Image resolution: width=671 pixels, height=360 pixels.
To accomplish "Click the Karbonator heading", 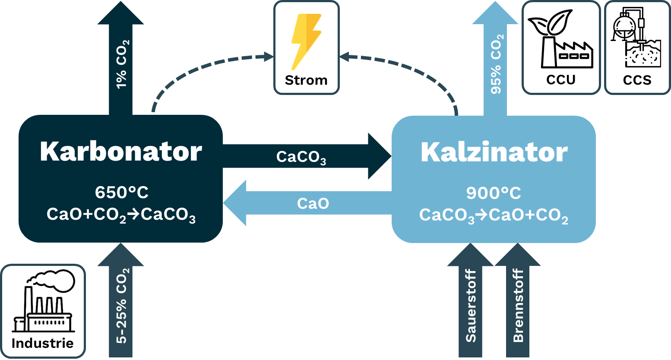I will point(121,152).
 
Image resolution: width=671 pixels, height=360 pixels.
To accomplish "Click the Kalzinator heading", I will point(494,152).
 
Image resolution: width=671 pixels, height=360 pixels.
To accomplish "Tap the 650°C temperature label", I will point(121,193).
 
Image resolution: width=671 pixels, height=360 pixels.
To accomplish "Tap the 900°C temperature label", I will point(494,193).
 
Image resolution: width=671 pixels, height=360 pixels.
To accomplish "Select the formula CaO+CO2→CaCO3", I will point(121,215).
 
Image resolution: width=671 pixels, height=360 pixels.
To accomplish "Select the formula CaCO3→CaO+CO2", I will point(494,215).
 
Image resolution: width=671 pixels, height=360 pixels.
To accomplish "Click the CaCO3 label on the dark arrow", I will point(301,157).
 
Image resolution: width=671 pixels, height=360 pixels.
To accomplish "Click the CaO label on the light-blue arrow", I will point(313,203).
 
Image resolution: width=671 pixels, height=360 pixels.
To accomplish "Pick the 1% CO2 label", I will point(122,64).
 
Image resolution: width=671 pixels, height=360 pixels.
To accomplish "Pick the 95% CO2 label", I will point(497,64).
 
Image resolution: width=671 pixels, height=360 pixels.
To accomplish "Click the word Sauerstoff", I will point(471,306).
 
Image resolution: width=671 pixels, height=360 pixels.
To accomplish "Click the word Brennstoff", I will point(518,306).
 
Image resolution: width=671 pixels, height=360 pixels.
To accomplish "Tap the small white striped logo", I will point(635,35).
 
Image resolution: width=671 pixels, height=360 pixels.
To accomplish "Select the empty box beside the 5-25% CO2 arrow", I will point(43,311).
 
